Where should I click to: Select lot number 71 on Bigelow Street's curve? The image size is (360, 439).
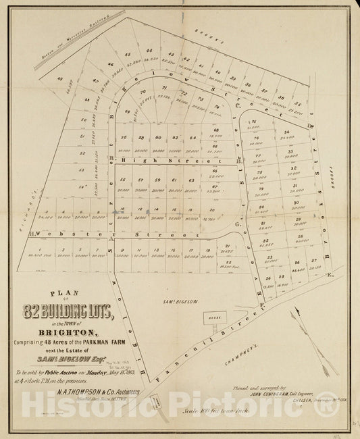pos(163,88)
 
